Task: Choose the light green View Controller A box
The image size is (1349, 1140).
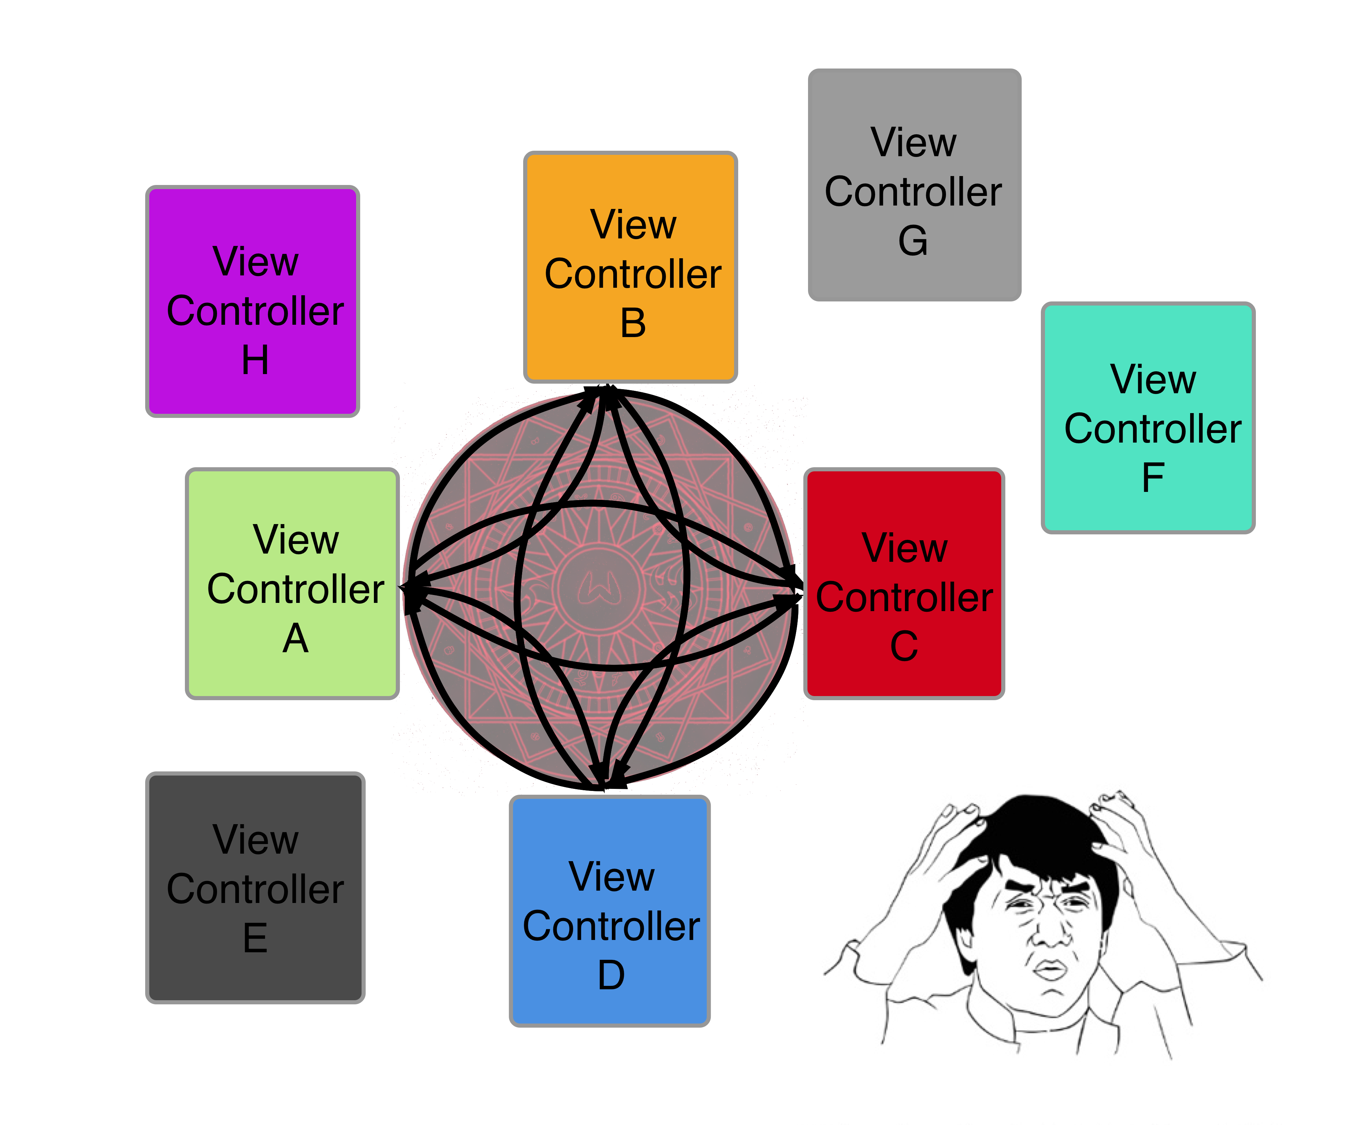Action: [x=292, y=583]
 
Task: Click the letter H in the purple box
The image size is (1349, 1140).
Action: [x=255, y=360]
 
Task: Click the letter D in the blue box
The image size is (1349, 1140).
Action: [x=611, y=975]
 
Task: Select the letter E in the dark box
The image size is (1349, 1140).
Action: [x=255, y=938]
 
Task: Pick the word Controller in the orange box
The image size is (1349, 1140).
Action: [x=632, y=274]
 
